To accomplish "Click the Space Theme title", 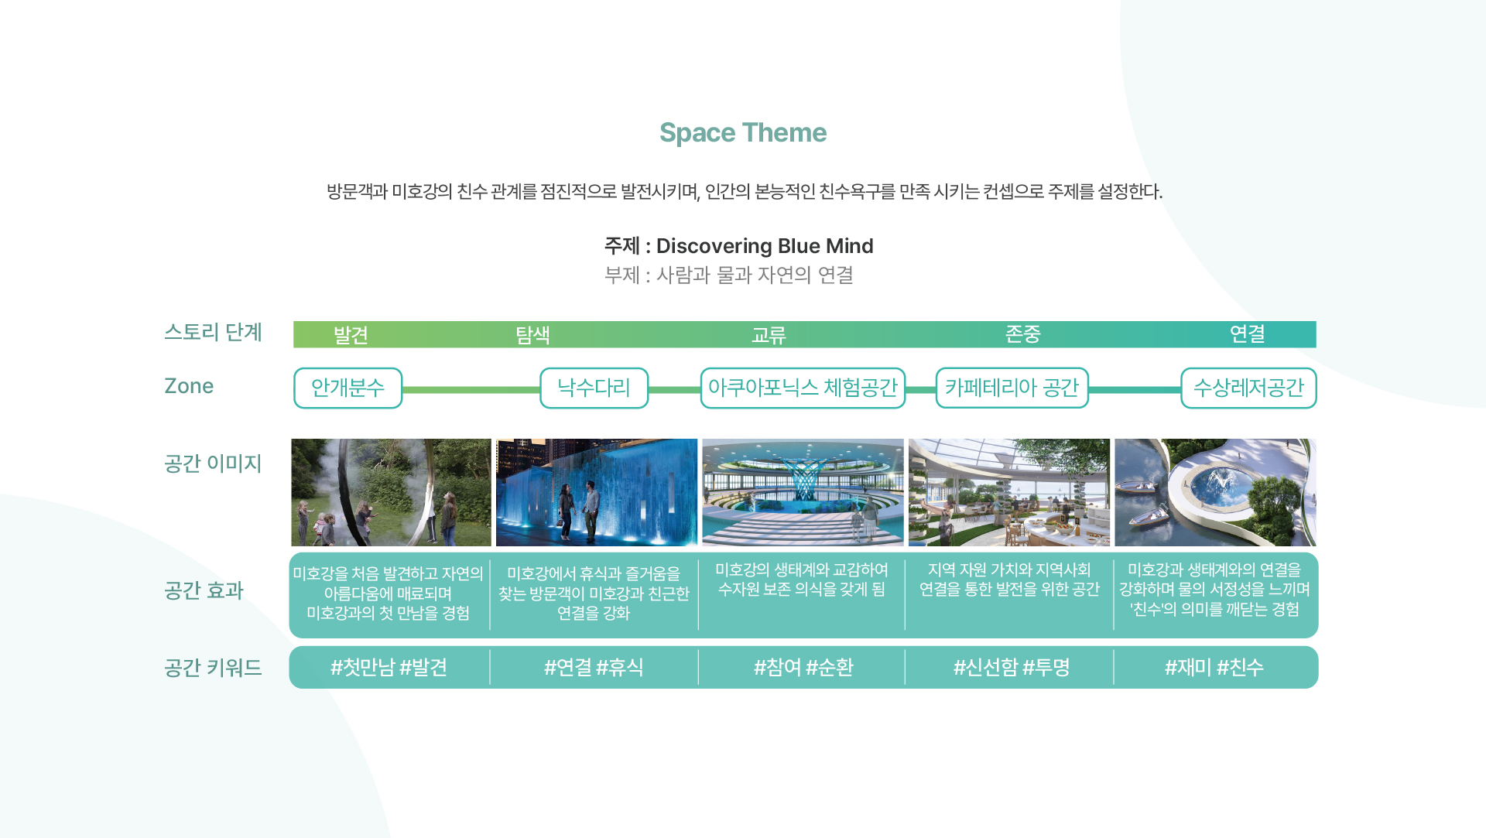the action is tap(743, 133).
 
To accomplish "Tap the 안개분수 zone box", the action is tap(348, 388).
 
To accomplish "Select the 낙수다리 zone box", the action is tap(594, 388).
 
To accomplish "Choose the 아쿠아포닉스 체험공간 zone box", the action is tap(803, 388).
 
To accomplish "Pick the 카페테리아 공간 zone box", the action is tap(1012, 388).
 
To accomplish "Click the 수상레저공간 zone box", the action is tap(1248, 388).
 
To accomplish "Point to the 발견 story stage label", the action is tap(351, 335).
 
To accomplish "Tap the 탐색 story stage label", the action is tap(532, 335).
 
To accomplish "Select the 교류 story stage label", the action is tap(769, 335).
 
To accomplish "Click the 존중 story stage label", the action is tap(1022, 334).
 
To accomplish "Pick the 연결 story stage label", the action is tap(1247, 334).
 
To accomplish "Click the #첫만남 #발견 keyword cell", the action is tap(389, 667).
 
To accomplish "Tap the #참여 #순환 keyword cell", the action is tap(803, 667).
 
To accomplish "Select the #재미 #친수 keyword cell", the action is tap(1214, 667).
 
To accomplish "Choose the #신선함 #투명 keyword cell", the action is tap(1012, 667).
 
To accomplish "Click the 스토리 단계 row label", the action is tap(213, 332).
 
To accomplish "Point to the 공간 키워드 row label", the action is tap(213, 667).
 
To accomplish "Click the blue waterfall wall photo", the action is tap(597, 492).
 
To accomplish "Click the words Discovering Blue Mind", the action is tap(765, 246).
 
